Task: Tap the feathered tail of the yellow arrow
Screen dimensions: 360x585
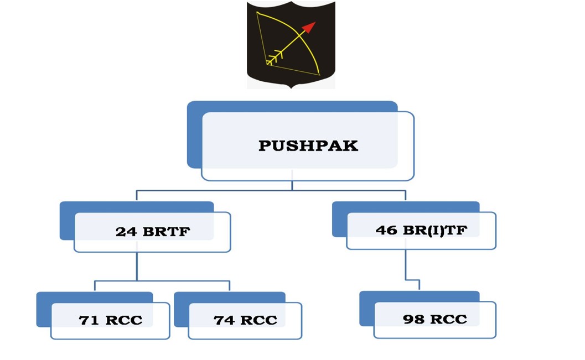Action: (275, 57)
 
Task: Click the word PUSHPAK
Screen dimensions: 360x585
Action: (308, 146)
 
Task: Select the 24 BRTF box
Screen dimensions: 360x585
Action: (152, 232)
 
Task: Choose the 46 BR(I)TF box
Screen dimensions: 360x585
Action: (421, 230)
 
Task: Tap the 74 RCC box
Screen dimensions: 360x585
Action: (245, 320)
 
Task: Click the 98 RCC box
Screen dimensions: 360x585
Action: (434, 320)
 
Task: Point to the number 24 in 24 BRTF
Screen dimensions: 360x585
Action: (126, 232)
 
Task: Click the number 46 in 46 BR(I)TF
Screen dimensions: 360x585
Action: (386, 229)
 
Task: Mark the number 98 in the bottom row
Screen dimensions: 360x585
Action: (413, 319)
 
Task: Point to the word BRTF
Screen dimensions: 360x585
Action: (167, 232)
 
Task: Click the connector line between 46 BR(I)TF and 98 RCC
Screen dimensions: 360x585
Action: (406, 265)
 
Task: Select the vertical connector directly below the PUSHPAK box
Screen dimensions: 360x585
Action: (292, 186)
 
